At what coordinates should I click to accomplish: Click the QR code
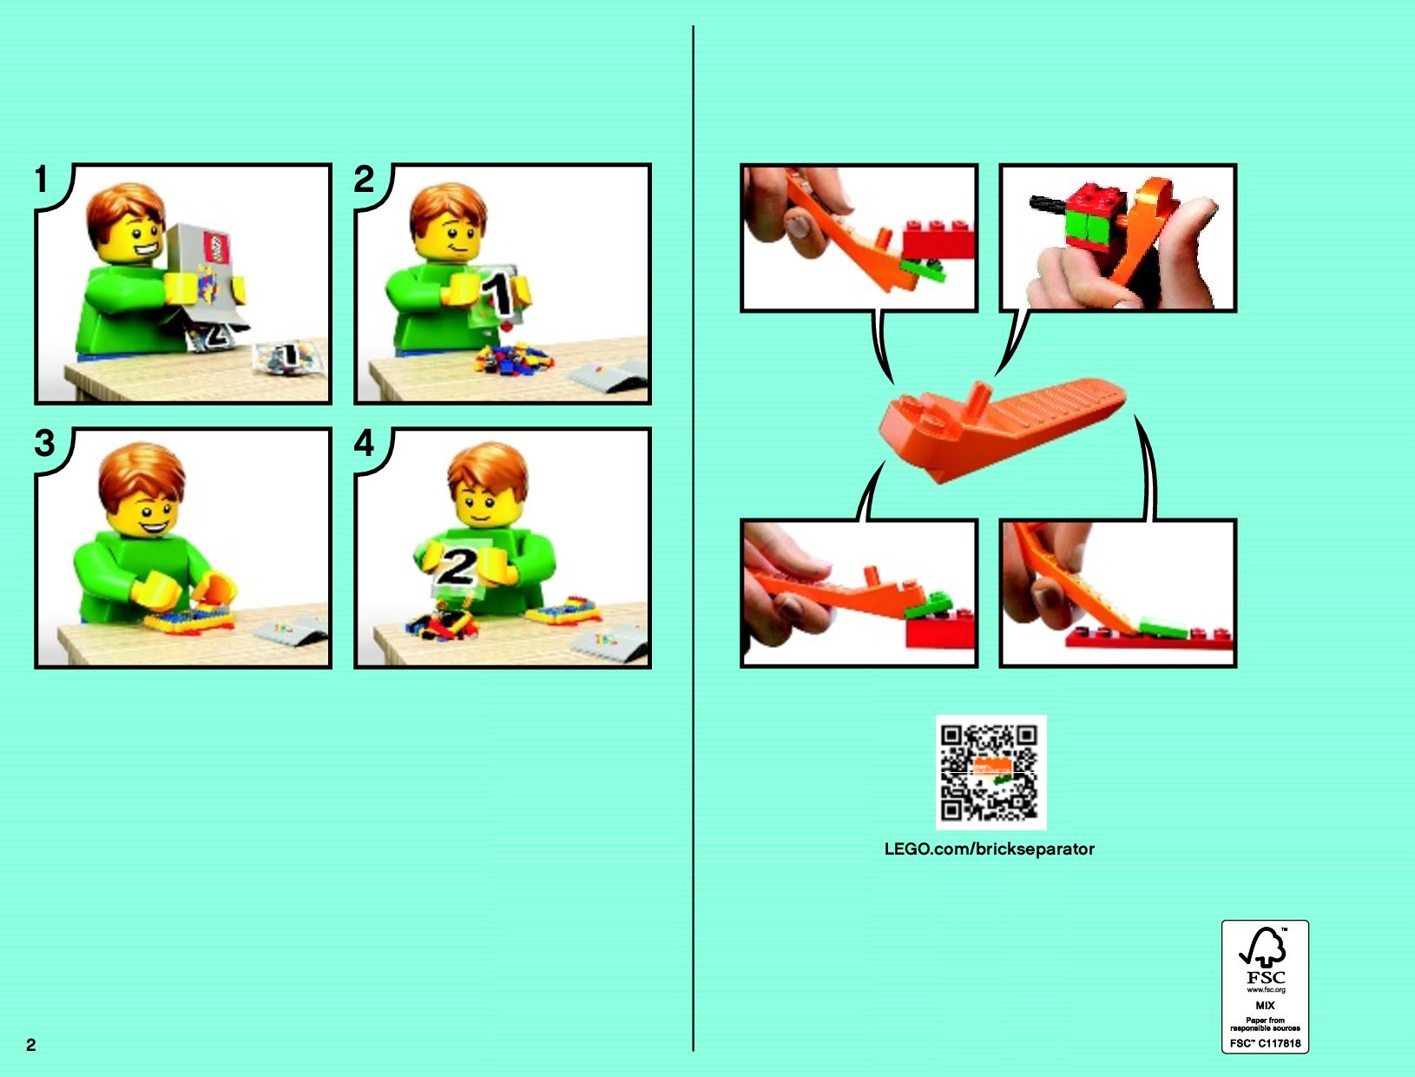[990, 773]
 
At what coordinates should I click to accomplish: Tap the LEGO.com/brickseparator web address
[989, 849]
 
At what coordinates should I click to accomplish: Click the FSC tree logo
[1264, 948]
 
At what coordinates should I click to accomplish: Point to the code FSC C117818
[1265, 1043]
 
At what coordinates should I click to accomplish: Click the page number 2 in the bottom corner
[31, 1045]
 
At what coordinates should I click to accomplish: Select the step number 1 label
[42, 179]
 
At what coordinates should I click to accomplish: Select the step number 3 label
[44, 443]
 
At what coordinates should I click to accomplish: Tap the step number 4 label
[364, 443]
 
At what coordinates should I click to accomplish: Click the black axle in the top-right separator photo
[1047, 203]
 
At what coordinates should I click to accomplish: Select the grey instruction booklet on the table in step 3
[290, 628]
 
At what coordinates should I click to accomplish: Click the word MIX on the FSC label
[1265, 1005]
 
